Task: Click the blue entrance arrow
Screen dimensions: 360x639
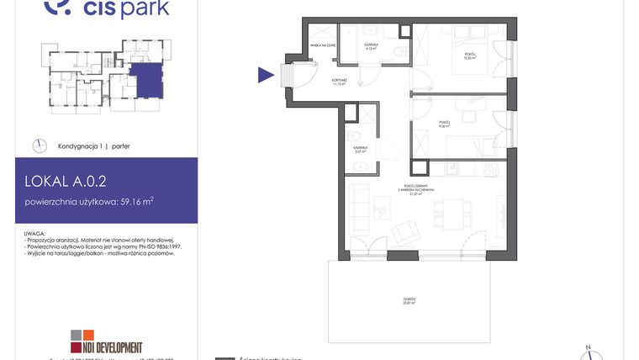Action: coord(266,76)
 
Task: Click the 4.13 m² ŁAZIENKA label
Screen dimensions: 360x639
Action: coord(370,47)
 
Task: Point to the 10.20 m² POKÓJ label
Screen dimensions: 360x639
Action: coord(470,57)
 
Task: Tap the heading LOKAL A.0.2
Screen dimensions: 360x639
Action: coord(66,179)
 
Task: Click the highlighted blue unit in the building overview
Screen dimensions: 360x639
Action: coord(143,80)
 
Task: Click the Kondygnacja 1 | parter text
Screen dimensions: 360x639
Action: coord(93,146)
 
